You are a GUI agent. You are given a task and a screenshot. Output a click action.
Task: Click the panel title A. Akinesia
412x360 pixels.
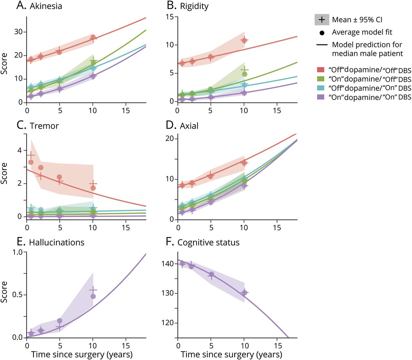pos(39,6)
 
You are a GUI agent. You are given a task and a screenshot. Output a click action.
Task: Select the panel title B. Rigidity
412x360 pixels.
pos(188,6)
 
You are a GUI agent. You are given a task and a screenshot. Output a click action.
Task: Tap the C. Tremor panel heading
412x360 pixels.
pos(38,125)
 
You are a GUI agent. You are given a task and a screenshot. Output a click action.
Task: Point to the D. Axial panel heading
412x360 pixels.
pos(182,125)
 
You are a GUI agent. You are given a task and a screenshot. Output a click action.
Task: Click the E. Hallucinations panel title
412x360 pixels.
pos(51,242)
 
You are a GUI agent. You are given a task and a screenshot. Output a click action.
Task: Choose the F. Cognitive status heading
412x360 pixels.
pos(203,242)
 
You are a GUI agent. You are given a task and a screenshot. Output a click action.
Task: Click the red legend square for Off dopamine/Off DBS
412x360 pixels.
pos(321,70)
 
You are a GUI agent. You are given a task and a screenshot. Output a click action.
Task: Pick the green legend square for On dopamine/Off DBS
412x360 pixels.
pos(321,79)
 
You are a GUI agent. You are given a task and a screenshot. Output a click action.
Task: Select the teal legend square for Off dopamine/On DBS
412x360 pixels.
pos(321,88)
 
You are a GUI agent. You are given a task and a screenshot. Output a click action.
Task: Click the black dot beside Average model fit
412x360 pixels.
pos(322,32)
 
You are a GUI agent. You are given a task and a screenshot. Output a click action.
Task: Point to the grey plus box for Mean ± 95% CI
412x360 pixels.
pos(322,20)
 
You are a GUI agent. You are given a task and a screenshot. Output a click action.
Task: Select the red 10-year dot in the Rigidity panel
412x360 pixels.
pos(244,41)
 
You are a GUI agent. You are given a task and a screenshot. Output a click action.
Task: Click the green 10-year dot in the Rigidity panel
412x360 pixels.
pos(245,74)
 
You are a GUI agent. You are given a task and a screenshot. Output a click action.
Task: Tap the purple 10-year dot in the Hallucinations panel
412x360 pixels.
pos(93,296)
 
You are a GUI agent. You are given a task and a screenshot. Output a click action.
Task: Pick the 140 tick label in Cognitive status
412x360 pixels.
pos(167,264)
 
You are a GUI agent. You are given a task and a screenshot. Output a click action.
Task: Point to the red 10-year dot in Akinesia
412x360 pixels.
pos(93,37)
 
